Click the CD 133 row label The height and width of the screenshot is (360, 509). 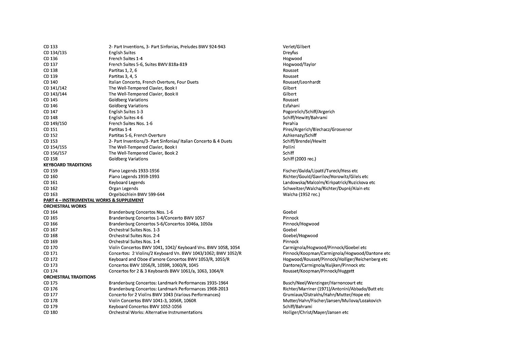coord(51,47)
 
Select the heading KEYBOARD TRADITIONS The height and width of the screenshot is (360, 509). coord(68,165)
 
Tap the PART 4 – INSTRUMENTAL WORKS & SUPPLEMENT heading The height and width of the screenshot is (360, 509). coord(93,201)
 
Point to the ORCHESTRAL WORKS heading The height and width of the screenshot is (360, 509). coord(65,206)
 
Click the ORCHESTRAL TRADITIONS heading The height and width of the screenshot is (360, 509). coord(70,277)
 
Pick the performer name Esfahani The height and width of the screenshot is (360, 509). coord(291,106)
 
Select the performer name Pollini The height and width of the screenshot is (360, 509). coord(289,147)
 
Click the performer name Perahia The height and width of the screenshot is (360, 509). coord(290,124)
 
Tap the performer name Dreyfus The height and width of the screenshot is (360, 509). coord(290,53)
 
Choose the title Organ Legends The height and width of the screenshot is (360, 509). coord(123,189)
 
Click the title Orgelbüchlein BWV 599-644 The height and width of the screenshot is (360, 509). coord(136,194)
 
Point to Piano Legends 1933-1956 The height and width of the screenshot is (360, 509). coord(134,171)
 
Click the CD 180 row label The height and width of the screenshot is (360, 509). coord(51,312)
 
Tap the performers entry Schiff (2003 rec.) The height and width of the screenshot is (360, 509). coord(299,159)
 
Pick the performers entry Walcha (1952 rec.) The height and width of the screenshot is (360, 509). coord(301,194)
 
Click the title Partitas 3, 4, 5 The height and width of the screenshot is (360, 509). coord(123,76)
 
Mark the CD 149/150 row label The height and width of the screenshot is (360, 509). coord(55,124)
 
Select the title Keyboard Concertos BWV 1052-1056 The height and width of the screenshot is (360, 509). coord(146,307)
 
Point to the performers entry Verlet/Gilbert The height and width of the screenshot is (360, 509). coord(297,47)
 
